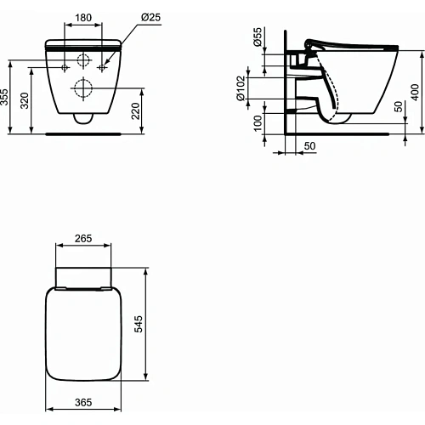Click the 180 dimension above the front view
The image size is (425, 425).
(82, 17)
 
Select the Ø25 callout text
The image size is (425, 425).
(141, 17)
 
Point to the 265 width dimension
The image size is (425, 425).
(82, 239)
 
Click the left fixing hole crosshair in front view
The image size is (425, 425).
(63, 65)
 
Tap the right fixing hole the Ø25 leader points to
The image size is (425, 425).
(102, 65)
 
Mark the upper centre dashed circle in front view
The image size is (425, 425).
(82, 61)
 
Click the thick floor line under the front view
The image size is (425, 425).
(82, 133)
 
